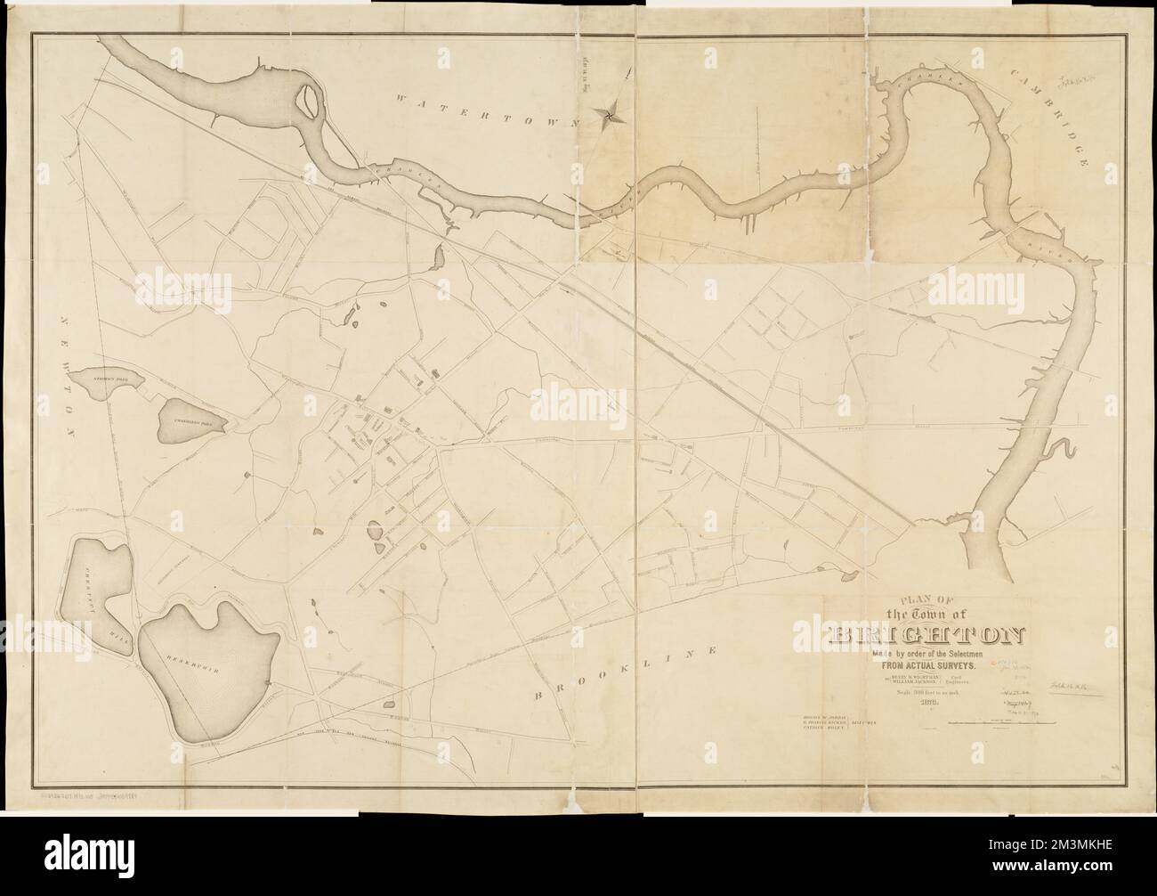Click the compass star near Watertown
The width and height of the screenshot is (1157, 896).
(x=611, y=112)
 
